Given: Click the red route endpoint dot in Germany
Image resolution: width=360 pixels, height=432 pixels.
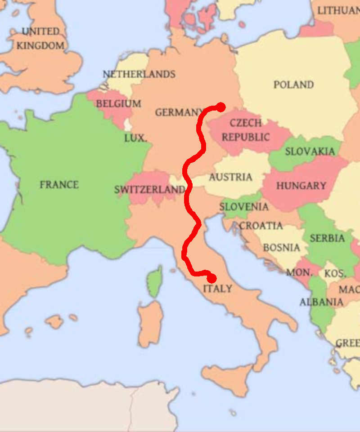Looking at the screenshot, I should coord(220,107).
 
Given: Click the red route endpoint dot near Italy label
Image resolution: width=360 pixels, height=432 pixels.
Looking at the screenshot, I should coord(211,278).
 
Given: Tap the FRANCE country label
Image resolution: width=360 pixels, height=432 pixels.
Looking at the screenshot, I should coord(59,184).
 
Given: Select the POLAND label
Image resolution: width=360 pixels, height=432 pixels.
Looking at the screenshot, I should coord(293,85).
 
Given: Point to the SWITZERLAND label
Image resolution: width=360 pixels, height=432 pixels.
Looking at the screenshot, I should coord(150,190).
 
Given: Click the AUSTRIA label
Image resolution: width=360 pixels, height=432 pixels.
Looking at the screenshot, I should coord(230,177).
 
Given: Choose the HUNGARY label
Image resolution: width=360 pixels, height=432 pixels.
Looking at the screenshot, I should coord(301,185).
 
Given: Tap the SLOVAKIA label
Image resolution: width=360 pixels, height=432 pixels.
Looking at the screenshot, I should coord(310,151).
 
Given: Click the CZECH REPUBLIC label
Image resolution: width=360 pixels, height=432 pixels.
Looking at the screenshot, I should coord(245,130).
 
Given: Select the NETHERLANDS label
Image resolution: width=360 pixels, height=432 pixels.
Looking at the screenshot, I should coord(139,74).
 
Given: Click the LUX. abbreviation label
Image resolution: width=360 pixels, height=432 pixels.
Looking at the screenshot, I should coord(135,138).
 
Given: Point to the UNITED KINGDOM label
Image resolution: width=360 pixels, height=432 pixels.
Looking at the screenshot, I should coord(40,39).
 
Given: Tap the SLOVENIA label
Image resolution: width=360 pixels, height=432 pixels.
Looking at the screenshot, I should coord(244,207).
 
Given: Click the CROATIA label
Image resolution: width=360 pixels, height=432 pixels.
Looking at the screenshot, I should coord(261,226).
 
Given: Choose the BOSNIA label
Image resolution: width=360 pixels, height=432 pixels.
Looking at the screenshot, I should coord(281,247).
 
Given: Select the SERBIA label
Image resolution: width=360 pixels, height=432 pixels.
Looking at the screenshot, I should coord(327,238).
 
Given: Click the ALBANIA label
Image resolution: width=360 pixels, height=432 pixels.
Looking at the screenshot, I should coord(321,302).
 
